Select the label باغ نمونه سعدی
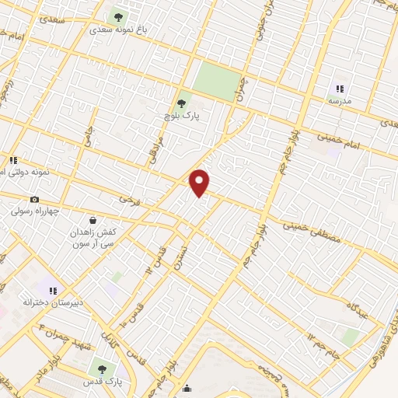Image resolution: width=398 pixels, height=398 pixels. click(117, 30)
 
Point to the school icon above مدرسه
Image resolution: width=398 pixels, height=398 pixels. click(339, 89)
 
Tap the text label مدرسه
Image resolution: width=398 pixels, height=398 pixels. click(339, 102)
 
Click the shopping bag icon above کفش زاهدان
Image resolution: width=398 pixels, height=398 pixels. click(93, 220)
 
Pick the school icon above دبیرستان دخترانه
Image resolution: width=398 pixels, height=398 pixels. click(53, 291)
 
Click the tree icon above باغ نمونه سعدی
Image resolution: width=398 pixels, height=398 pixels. click(118, 16)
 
